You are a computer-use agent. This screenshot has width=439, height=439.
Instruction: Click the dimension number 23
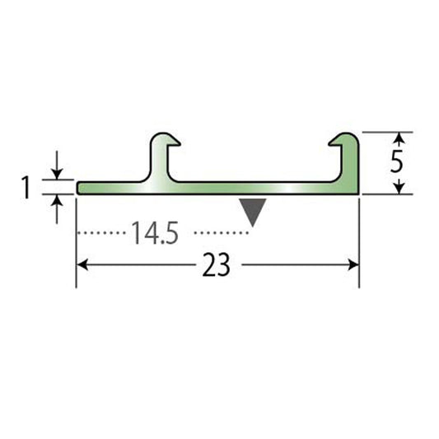point(216,264)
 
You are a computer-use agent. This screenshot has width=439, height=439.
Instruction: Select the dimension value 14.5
point(155,233)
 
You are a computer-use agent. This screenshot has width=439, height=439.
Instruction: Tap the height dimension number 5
point(397,161)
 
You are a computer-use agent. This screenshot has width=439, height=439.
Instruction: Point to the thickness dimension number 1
point(26,187)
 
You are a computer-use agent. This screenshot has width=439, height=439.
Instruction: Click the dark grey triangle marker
point(253,210)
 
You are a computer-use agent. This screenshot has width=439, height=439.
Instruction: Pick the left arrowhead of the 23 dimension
point(82,264)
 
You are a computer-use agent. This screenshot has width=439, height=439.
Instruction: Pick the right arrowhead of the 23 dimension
point(353,264)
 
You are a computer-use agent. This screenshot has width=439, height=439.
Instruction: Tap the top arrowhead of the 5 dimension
point(400,138)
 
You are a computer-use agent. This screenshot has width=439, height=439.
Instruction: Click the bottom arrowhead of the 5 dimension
point(400,188)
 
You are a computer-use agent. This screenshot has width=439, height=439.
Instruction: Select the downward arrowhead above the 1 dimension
point(57,174)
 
